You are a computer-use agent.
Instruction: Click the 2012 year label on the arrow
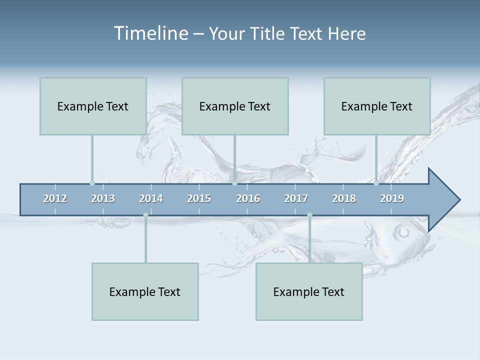55,198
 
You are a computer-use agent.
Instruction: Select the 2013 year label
103,198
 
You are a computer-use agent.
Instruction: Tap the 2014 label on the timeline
151,198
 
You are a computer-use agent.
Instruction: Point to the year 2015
199,198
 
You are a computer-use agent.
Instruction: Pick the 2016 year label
248,198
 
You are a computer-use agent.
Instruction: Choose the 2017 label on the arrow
296,198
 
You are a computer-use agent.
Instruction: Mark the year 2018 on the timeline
344,198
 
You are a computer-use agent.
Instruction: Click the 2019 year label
392,198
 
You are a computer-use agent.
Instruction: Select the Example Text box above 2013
93,106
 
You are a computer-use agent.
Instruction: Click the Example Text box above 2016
235,106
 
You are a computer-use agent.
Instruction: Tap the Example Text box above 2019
377,106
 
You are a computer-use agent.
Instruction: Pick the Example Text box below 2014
145,291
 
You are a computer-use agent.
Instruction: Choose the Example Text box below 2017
309,291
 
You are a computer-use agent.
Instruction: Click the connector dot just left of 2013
92,183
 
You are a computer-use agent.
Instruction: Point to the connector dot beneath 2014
145,215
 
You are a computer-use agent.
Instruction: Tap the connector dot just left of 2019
376,183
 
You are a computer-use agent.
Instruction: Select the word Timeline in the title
150,33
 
